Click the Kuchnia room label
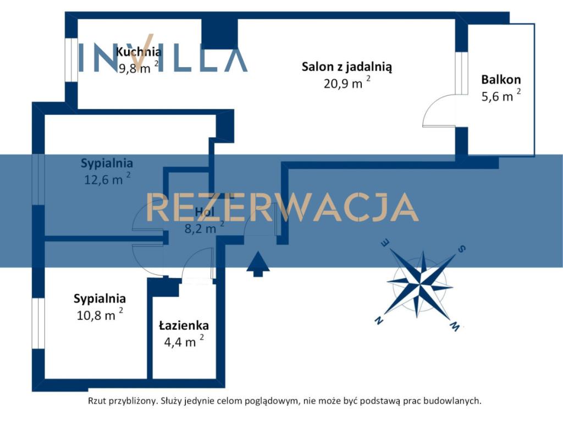coord(139,52)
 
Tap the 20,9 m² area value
coord(347,83)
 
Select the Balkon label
coord(501,79)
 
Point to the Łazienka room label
coord(184,325)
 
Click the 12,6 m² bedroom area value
coord(107,179)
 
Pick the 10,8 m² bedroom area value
coord(100,314)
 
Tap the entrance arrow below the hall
coord(258,264)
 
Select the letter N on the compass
coord(378,320)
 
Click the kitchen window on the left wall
coord(71,60)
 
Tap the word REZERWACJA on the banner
coord(282,207)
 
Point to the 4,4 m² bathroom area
coord(184,341)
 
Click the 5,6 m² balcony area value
coord(501,96)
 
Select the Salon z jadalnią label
coord(347,66)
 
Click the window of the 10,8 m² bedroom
coord(38,323)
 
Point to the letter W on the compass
coord(455,326)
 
